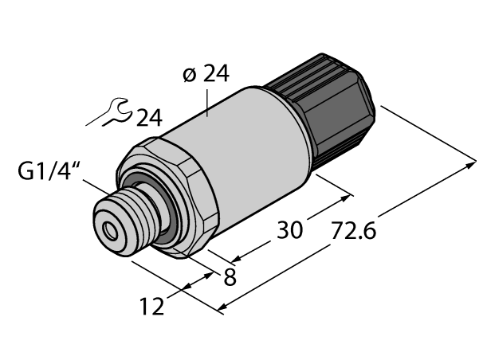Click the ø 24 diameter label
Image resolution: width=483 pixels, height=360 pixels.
[205, 75]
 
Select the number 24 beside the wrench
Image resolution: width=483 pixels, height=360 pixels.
[148, 119]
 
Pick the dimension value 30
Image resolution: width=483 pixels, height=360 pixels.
[289, 230]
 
